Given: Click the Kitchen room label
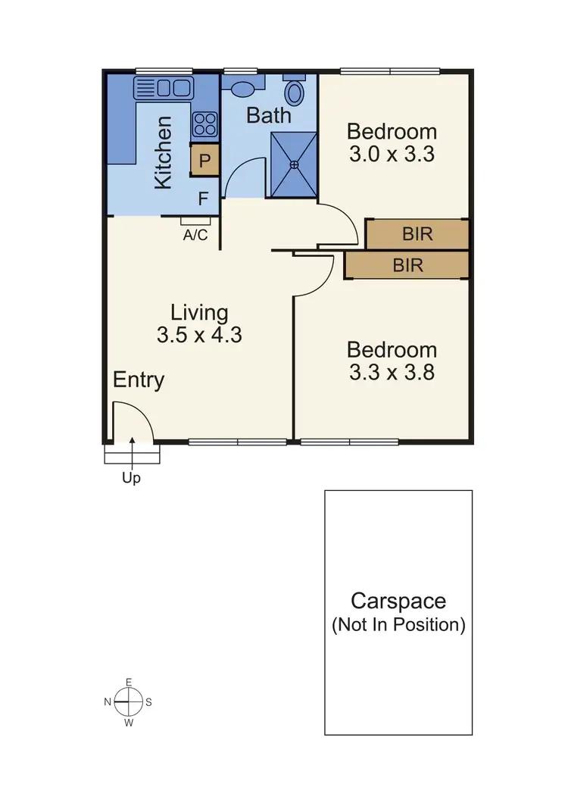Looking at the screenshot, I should click(164, 152).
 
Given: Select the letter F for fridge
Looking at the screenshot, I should click(203, 199).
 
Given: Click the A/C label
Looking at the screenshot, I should click(195, 235).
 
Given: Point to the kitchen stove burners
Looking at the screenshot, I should click(204, 123).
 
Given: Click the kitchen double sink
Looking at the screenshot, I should click(163, 88).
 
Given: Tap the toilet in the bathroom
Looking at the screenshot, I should click(295, 93).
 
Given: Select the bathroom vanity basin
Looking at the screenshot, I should click(243, 89).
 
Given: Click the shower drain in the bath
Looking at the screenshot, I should click(294, 164).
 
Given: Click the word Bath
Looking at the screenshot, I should click(269, 116).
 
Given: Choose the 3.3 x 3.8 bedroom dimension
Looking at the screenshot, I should click(391, 372).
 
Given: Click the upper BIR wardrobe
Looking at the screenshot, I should click(417, 234).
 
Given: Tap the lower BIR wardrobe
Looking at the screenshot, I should click(407, 266).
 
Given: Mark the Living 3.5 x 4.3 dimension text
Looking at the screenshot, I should click(199, 334).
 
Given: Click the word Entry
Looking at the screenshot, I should click(139, 380).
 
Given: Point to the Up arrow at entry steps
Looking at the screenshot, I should click(133, 455).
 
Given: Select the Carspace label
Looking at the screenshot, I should click(398, 601).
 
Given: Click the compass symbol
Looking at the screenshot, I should click(128, 702).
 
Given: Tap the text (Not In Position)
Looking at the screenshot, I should click(398, 625).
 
